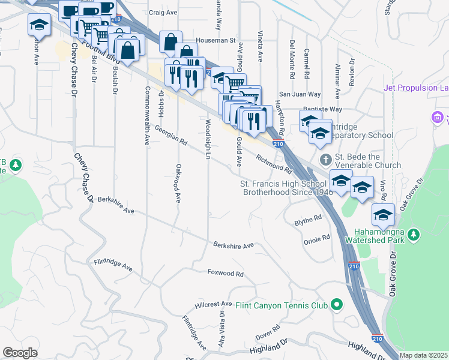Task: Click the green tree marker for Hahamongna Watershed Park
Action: (x=414, y=235)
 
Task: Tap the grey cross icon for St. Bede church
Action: (x=325, y=160)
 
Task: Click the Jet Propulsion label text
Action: (x=416, y=88)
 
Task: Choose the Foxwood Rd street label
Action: (x=225, y=273)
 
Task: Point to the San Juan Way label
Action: (x=298, y=94)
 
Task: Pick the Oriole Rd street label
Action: (x=318, y=238)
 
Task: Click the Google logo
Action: (x=20, y=352)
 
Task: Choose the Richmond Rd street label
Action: (x=273, y=162)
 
